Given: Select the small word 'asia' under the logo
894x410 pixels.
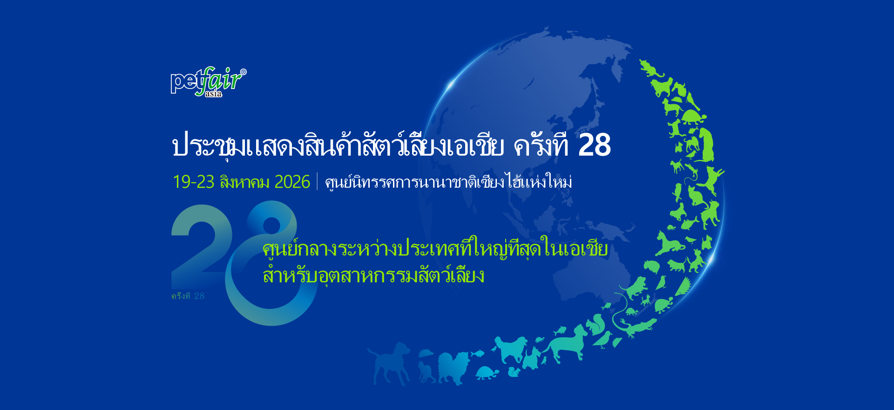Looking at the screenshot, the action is pyautogui.click(x=213, y=94).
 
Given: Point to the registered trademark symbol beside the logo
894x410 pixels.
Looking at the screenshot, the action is pyautogui.click(x=243, y=72).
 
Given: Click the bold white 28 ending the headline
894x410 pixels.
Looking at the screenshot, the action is pyautogui.click(x=595, y=145).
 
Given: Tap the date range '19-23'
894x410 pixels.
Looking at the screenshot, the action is pyautogui.click(x=193, y=182).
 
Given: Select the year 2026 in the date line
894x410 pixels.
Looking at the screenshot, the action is pyautogui.click(x=292, y=182).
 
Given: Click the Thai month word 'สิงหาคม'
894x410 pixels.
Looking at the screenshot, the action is pyautogui.click(x=244, y=182).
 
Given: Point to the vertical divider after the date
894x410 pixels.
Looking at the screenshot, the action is pyautogui.click(x=317, y=181).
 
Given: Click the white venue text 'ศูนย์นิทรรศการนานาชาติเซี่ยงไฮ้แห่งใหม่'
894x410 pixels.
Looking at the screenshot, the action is pyautogui.click(x=448, y=181).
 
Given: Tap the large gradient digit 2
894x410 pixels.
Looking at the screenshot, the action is pyautogui.click(x=202, y=247).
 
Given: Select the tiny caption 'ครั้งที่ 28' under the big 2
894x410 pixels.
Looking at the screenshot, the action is pyautogui.click(x=188, y=296).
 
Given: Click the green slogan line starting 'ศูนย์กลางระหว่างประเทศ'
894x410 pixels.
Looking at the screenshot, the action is pyautogui.click(x=435, y=249).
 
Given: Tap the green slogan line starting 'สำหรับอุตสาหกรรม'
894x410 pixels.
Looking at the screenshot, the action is pyautogui.click(x=373, y=275).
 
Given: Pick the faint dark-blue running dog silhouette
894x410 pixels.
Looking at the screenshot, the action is pyautogui.click(x=388, y=363).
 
